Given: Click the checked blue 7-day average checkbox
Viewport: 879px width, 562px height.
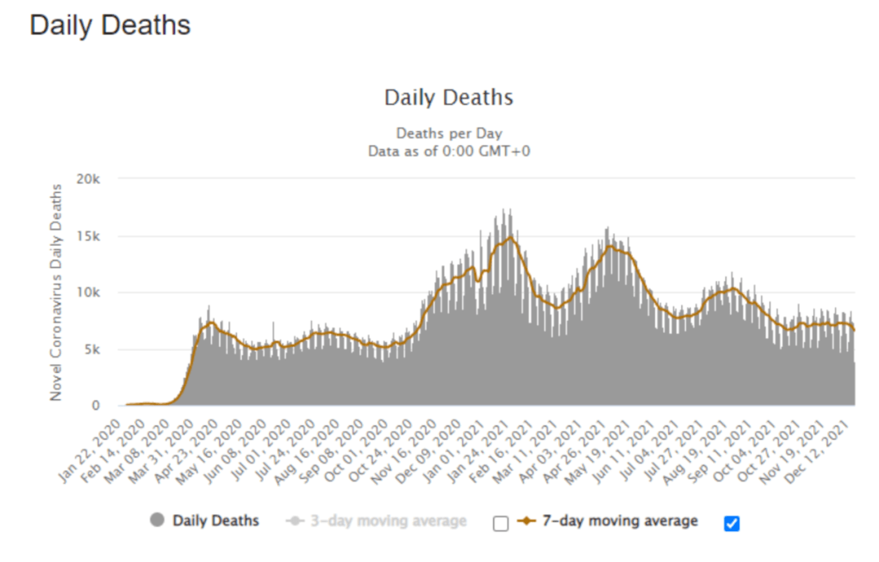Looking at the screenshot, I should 732,524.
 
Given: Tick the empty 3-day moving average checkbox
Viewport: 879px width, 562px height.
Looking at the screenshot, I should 501,524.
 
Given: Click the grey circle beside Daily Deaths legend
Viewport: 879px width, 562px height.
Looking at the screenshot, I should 157,520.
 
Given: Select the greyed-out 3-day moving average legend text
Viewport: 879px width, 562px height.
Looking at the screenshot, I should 388,520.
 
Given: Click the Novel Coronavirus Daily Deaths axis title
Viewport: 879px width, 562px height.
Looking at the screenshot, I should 56,292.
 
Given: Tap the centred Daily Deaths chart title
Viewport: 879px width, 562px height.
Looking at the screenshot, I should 448,99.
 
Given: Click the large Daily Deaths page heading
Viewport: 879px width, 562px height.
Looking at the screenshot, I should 110,25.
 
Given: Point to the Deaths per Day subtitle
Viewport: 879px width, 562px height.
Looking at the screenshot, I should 448,133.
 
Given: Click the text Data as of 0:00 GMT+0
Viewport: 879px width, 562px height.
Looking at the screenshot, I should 448,151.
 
